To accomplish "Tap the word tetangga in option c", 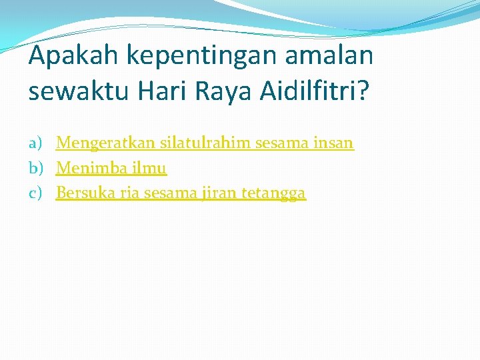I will coord(273,193).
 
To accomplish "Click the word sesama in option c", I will coord(169,193).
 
